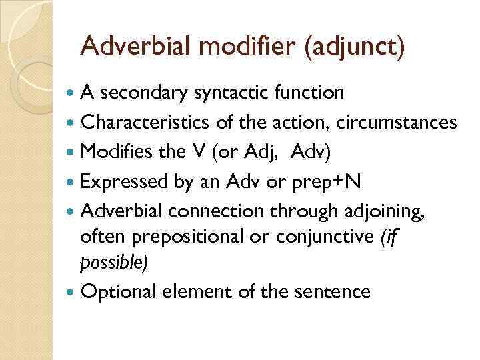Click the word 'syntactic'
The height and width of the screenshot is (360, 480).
(225, 93)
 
